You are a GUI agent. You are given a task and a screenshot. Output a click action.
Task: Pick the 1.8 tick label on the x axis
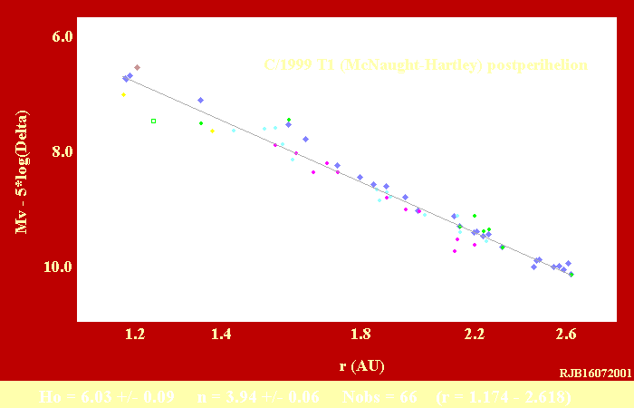pyautogui.click(x=361, y=335)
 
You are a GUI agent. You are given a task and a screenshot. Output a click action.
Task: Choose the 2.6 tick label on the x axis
pyautogui.click(x=567, y=335)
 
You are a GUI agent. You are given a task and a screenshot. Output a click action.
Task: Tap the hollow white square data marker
pyautogui.click(x=153, y=121)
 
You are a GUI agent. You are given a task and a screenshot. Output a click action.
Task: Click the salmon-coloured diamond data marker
pyautogui.click(x=137, y=67)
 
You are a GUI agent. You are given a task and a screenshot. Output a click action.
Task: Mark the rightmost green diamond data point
pyautogui.click(x=572, y=274)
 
